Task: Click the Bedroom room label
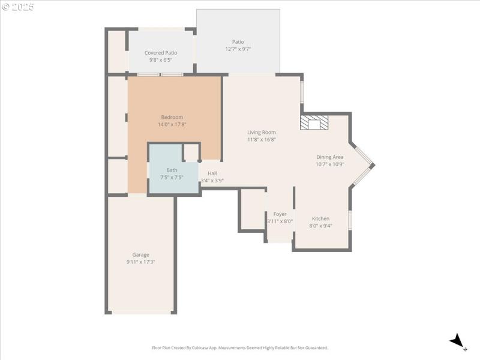172,117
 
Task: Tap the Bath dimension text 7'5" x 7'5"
172,178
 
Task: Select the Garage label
141,254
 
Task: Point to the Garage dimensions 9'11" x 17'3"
141,262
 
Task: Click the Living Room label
262,132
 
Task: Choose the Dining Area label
330,157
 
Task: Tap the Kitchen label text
320,218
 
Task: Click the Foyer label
280,214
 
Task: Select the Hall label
212,173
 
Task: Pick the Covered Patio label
161,53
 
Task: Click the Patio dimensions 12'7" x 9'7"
238,49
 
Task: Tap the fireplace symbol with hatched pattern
314,122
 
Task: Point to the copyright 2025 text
18,7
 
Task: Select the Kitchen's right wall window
350,220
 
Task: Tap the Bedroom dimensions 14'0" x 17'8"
172,124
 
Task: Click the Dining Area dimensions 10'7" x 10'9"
330,164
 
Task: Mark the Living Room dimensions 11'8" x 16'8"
262,139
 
